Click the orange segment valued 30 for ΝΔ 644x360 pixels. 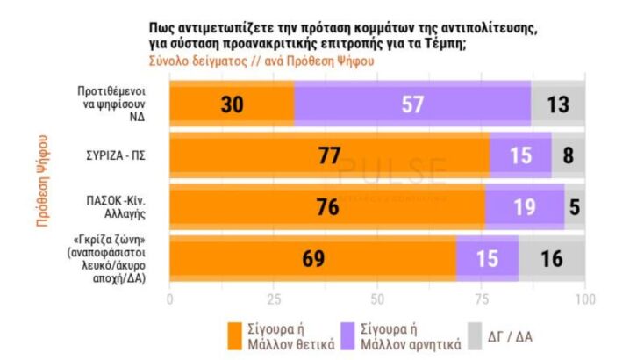click(x=232, y=104)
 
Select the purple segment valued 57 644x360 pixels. click(x=412, y=104)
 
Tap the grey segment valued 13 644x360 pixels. click(x=558, y=104)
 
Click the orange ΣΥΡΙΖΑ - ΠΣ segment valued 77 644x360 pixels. click(x=329, y=155)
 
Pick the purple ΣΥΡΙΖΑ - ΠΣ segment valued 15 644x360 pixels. click(x=520, y=155)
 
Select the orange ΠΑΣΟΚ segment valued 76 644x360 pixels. click(x=326, y=207)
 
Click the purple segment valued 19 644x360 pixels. click(x=524, y=207)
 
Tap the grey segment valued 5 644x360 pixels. click(x=575, y=207)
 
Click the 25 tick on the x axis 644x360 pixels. click(x=273, y=299)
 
